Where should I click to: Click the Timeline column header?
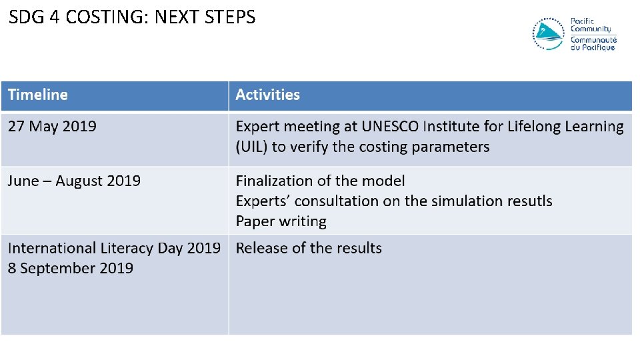(38, 95)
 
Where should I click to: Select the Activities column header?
(267, 95)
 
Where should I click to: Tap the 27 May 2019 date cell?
(52, 127)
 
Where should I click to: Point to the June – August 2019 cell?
(74, 181)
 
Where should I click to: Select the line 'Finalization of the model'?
(320, 181)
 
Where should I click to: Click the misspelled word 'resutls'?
(527, 201)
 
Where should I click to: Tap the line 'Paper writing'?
(281, 221)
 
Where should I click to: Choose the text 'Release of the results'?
(309, 249)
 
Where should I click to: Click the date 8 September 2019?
(71, 269)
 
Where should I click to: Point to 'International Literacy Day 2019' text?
(114, 249)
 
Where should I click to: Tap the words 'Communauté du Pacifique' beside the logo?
(593, 44)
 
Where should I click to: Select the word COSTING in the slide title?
(108, 17)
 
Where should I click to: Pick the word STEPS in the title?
(231, 17)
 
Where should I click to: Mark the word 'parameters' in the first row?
(450, 147)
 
